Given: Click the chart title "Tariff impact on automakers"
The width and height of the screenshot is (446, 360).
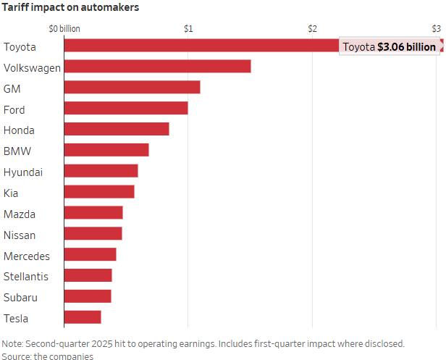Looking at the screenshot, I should (x=70, y=7).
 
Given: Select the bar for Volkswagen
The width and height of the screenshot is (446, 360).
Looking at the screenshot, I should (x=157, y=67).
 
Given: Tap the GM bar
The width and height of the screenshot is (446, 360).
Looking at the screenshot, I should (x=132, y=88).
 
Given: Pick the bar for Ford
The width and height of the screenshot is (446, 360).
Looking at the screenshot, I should (x=126, y=108).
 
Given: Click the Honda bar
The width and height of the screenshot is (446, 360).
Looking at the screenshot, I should (x=117, y=129).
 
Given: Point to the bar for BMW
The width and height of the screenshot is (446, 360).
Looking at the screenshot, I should (x=106, y=150).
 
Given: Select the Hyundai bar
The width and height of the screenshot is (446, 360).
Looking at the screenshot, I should (x=101, y=171).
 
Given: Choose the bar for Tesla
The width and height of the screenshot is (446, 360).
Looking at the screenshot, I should (x=83, y=317).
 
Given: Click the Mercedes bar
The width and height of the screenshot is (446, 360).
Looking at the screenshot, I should (x=90, y=255).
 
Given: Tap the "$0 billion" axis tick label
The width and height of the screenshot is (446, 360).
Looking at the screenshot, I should (x=64, y=29).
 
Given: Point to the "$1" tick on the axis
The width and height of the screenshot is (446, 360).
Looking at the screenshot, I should (x=188, y=29).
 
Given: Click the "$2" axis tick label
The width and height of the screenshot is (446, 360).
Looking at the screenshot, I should (x=312, y=29).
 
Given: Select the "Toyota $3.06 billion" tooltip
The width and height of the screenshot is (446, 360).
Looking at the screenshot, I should (x=390, y=47).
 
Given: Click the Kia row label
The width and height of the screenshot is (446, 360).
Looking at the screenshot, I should (x=11, y=193).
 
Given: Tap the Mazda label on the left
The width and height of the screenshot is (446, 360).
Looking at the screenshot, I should (x=19, y=214).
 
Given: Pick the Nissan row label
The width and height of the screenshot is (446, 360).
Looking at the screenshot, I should (x=19, y=235).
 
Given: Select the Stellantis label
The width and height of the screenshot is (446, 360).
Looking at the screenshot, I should (x=25, y=276).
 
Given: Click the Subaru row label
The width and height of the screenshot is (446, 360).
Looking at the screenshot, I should (x=20, y=297).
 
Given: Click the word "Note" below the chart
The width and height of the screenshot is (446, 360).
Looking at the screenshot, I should (x=13, y=343).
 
